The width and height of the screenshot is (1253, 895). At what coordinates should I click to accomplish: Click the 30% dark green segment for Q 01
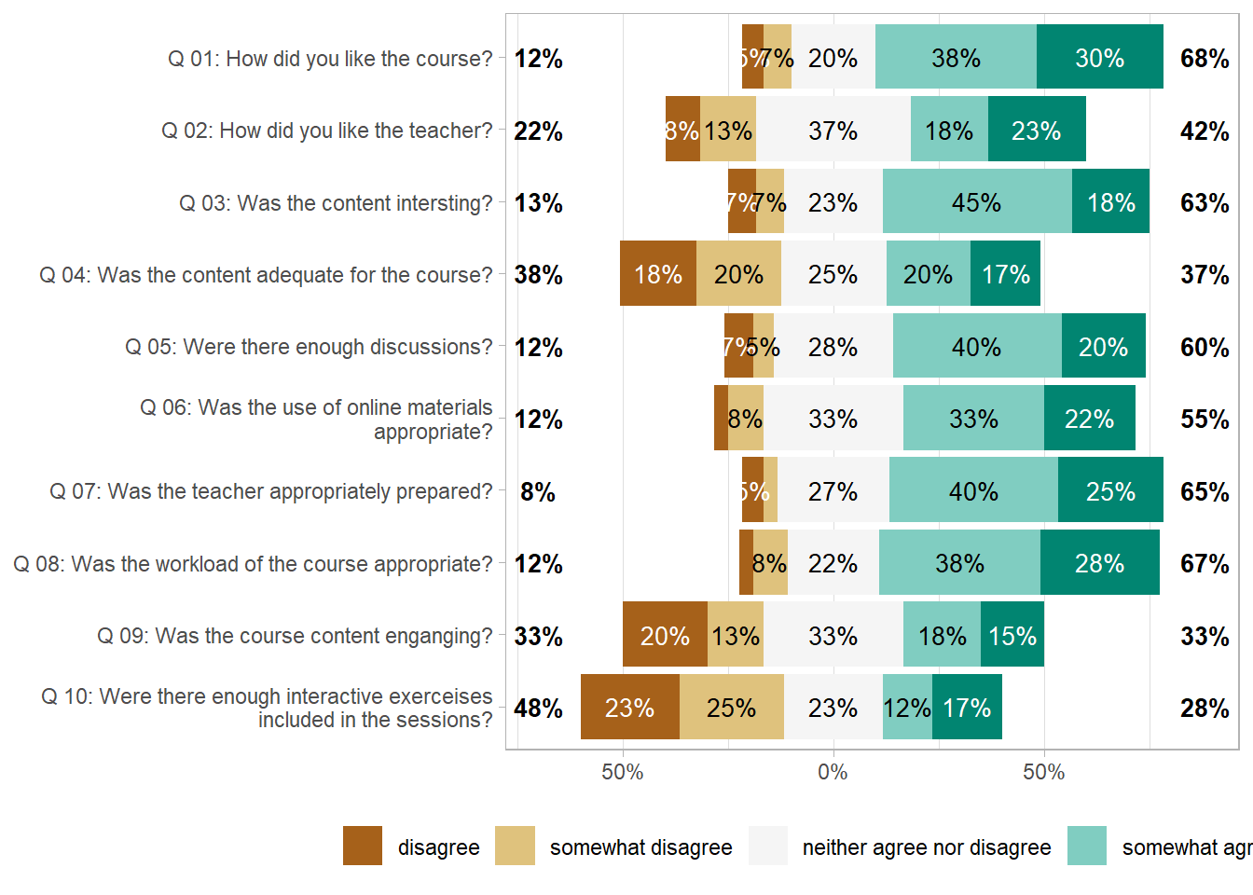[1100, 58]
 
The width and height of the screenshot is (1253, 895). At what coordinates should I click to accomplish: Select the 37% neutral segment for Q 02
[833, 131]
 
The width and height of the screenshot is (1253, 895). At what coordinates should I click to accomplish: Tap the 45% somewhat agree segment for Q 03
[976, 202]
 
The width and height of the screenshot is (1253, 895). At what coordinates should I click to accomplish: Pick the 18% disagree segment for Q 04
[657, 274]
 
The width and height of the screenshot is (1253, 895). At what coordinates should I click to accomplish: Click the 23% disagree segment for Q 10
[629, 708]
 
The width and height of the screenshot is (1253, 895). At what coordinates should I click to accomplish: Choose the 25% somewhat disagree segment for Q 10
[731, 708]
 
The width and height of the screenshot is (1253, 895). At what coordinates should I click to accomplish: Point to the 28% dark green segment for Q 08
[1099, 563]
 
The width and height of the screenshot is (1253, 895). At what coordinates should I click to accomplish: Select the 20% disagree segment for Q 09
[665, 636]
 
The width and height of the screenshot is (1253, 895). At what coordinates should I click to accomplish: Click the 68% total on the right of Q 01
[1204, 58]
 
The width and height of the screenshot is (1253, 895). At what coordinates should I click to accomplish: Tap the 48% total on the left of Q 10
[538, 708]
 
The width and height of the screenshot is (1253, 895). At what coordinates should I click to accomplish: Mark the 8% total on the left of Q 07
[538, 491]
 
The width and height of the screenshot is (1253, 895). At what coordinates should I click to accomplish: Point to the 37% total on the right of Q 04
[1204, 274]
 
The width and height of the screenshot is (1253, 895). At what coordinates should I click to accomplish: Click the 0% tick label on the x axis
[833, 772]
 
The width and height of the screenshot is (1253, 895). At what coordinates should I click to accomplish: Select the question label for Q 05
[309, 347]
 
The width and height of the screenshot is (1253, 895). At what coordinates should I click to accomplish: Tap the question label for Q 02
[326, 131]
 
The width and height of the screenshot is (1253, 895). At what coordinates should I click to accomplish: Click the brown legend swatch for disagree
[363, 846]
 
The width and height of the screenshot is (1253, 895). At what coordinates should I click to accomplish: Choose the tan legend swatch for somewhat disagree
[516, 846]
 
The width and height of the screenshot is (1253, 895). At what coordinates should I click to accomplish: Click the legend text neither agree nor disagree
[926, 847]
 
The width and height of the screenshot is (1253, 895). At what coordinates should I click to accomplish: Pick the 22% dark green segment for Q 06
[1089, 419]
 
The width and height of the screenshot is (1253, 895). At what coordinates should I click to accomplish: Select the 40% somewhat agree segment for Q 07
[973, 491]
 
